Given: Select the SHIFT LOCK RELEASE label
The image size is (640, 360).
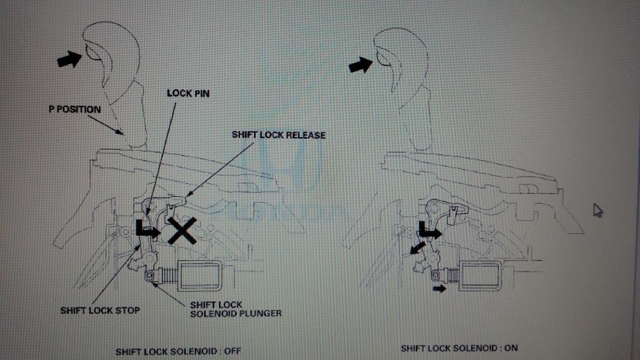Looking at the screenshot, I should click(278, 135).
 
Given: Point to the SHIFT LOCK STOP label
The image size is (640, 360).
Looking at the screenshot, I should click(100, 311).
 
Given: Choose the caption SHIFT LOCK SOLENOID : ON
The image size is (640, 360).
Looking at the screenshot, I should click(459, 348).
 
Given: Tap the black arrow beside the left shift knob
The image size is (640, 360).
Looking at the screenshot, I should click(70, 59).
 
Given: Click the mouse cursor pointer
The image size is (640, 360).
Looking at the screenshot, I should click(598, 210).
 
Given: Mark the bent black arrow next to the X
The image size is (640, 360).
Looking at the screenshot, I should click(147, 229).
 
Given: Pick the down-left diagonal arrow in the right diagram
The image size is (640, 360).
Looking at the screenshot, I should click(416, 248).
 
